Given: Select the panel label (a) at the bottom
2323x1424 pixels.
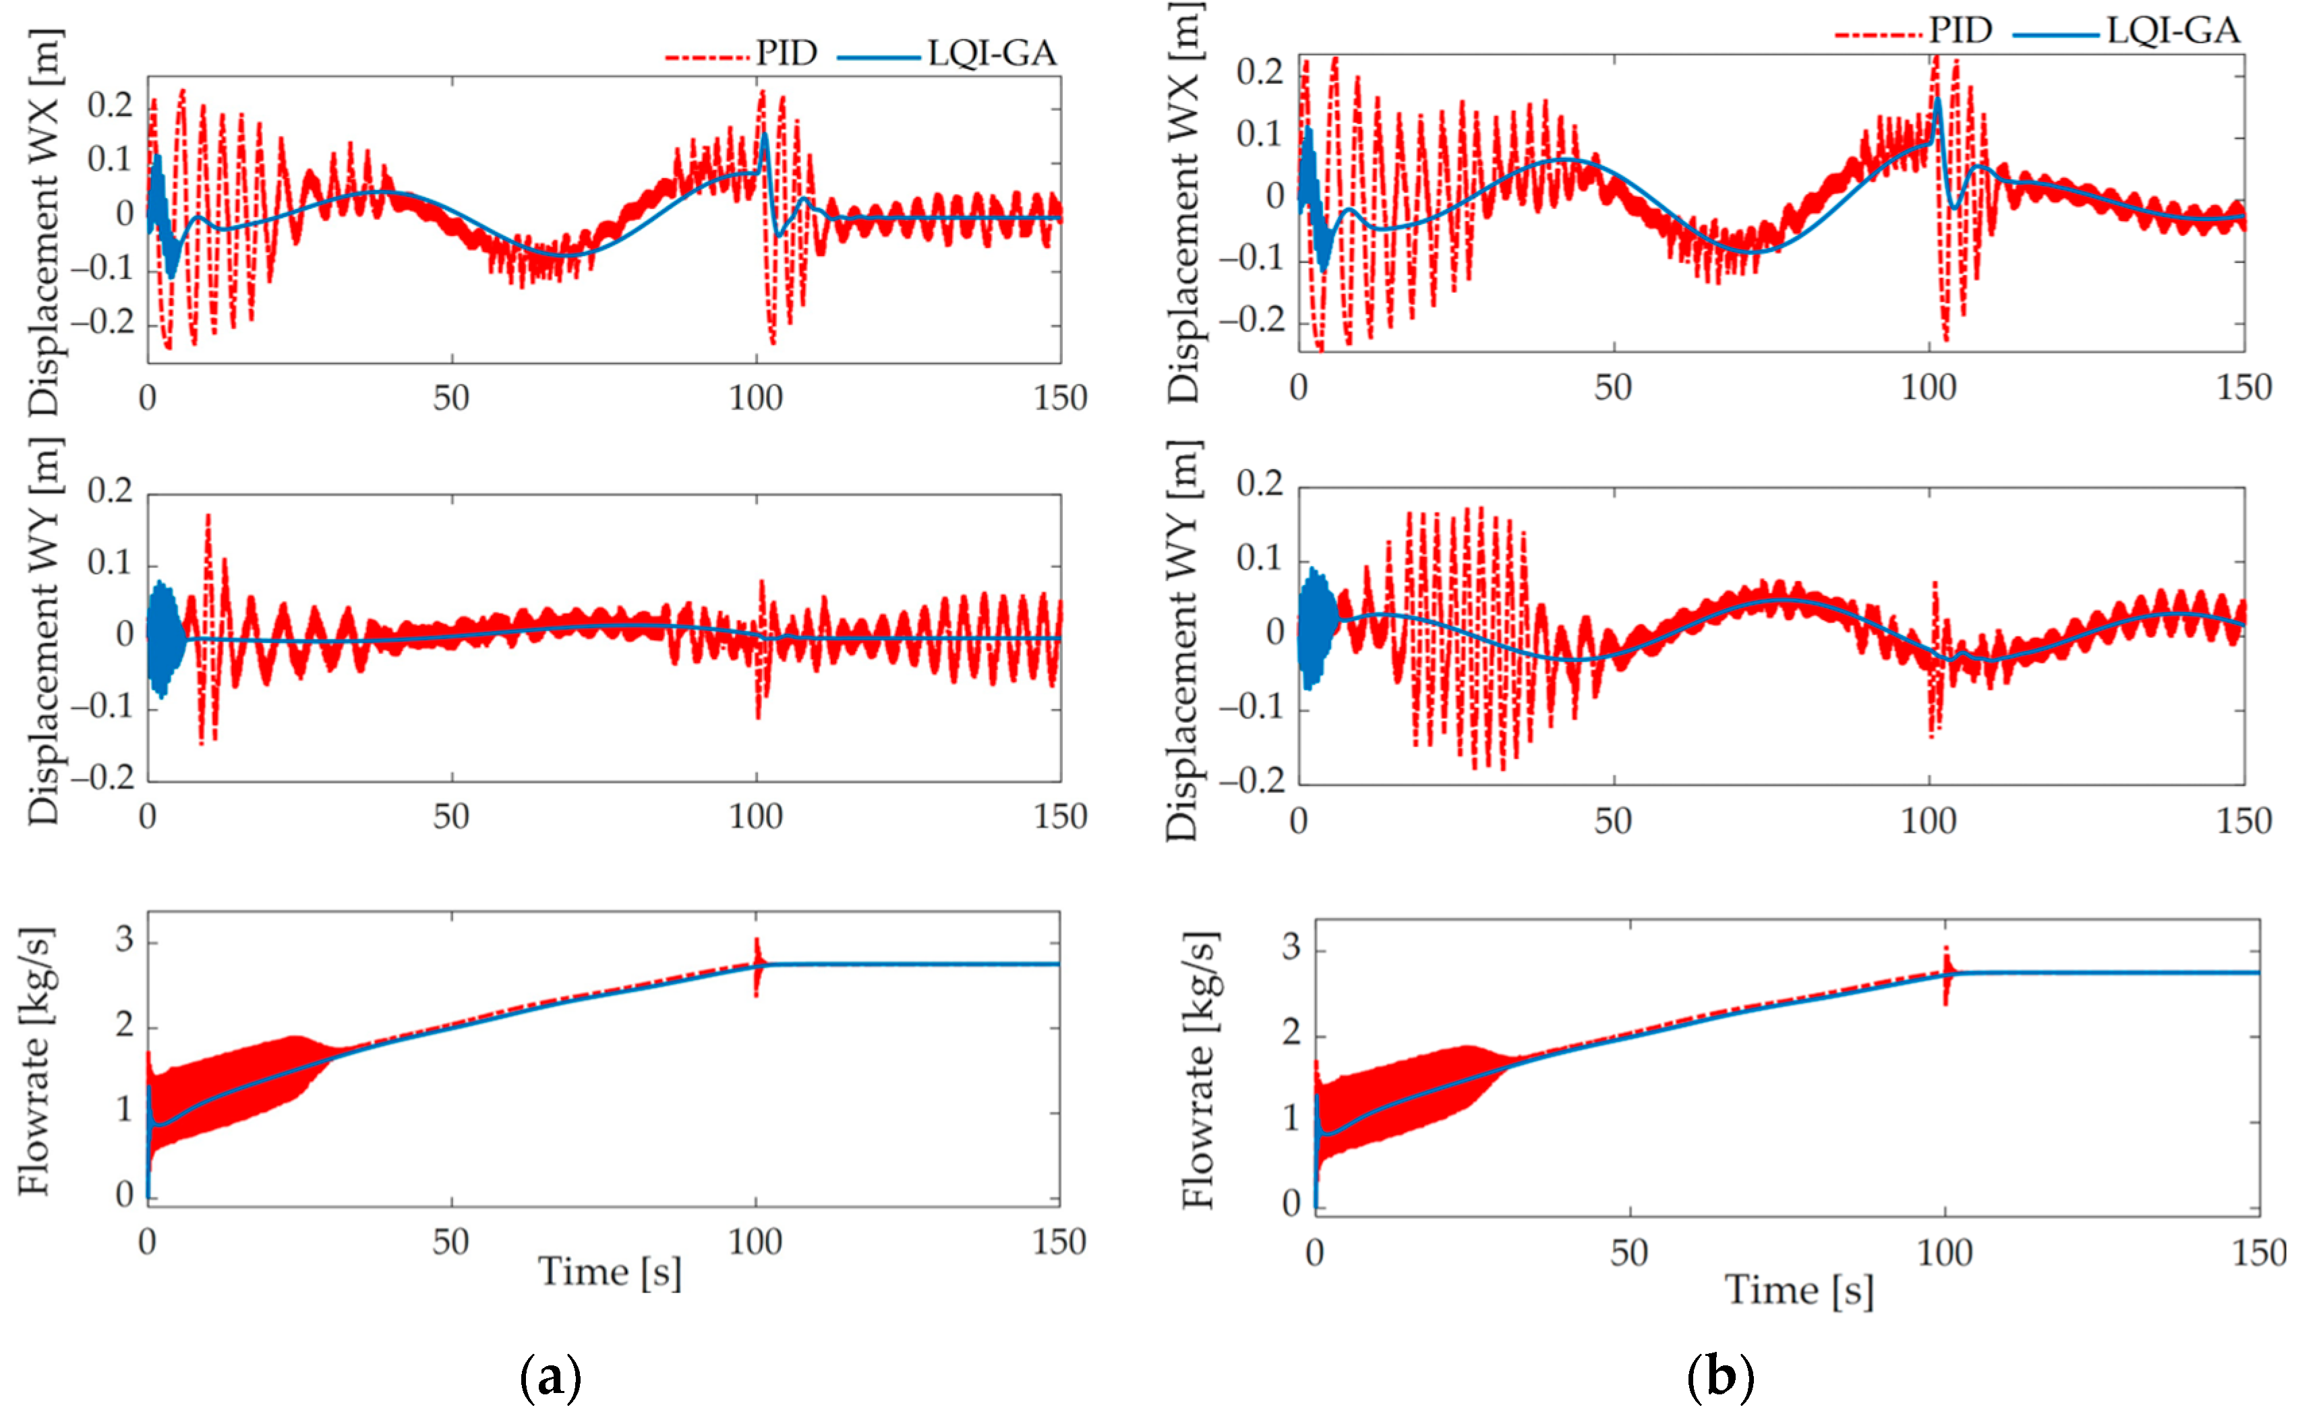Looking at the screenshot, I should [x=551, y=1377].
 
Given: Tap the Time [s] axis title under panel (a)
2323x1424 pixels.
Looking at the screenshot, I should [x=609, y=1272].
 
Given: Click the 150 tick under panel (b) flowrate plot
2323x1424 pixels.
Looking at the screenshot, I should [x=2259, y=1253].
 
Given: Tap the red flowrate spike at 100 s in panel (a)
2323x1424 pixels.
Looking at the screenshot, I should [x=756, y=966].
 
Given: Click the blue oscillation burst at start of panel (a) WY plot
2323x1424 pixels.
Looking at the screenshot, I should [x=164, y=638].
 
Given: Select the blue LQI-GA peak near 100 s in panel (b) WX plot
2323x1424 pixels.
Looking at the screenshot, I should [x=1937, y=104].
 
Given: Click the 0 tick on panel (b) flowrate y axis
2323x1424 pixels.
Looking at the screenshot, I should [x=1291, y=1204].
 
